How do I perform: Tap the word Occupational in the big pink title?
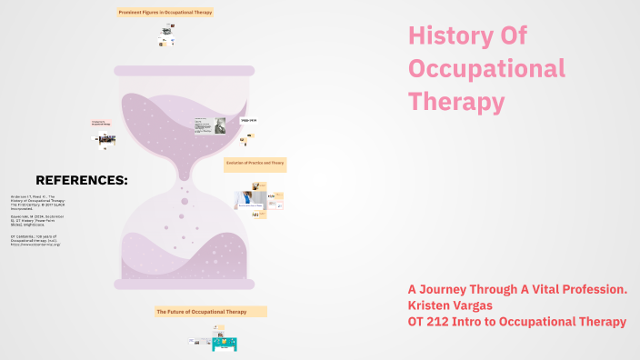pyautogui.click(x=486, y=69)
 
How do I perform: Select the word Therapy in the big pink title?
pyautogui.click(x=456, y=102)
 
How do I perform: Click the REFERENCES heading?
pyautogui.click(x=82, y=180)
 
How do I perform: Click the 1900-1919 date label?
pyautogui.click(x=249, y=120)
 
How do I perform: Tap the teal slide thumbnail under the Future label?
pyautogui.click(x=224, y=342)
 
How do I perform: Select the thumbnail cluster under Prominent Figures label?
pyautogui.click(x=166, y=35)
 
